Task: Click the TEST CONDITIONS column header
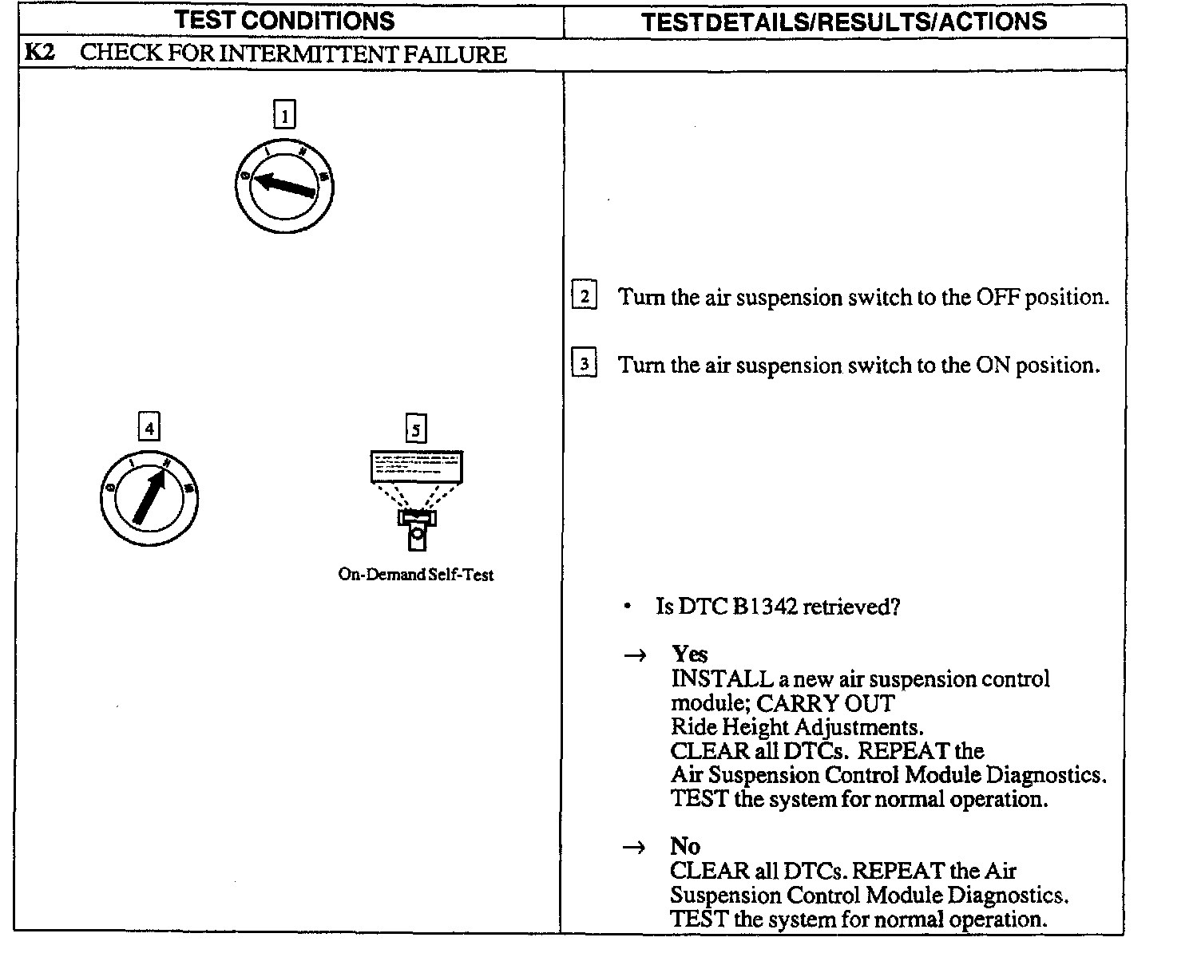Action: pyautogui.click(x=284, y=21)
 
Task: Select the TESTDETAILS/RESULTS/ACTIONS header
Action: pyautogui.click(x=844, y=22)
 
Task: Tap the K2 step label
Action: pyautogui.click(x=39, y=53)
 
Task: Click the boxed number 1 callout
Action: pyautogui.click(x=284, y=116)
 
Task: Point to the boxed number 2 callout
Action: pyautogui.click(x=585, y=297)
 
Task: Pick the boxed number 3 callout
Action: pyautogui.click(x=585, y=365)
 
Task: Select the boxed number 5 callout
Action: pyautogui.click(x=415, y=429)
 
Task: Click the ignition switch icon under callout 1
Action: pyautogui.click(x=284, y=188)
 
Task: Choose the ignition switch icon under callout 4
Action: pyautogui.click(x=149, y=500)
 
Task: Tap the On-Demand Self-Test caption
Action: pyautogui.click(x=416, y=575)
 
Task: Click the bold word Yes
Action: pyautogui.click(x=689, y=655)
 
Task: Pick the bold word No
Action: pyautogui.click(x=685, y=846)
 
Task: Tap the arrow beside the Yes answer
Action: pyautogui.click(x=634, y=656)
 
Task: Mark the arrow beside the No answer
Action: pyautogui.click(x=634, y=848)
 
